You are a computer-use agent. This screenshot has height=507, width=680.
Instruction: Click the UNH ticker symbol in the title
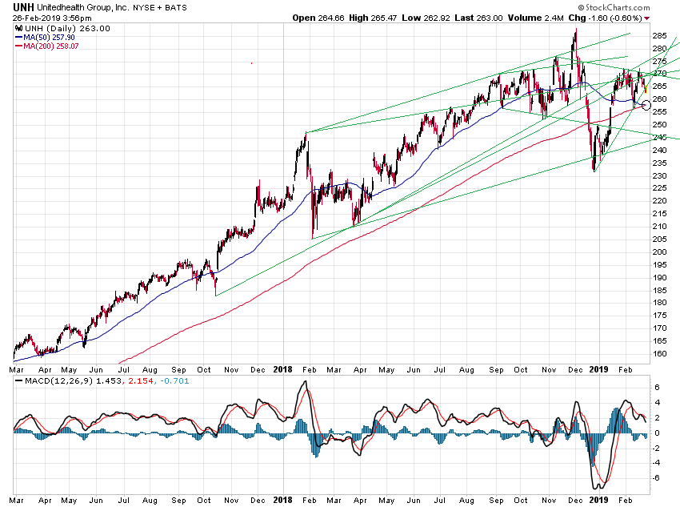click(24, 6)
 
